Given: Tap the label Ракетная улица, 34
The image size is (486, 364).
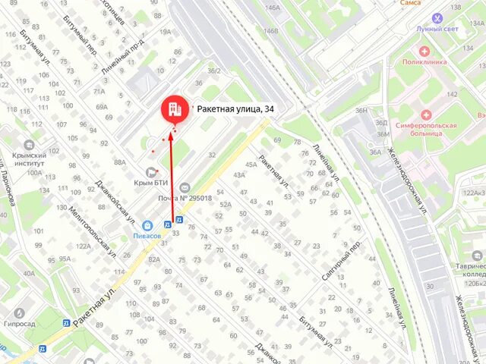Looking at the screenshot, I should coord(235,109).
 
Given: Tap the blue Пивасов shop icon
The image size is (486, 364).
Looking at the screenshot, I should coord(147,225).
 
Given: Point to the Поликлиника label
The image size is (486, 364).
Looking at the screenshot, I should coord(423,62).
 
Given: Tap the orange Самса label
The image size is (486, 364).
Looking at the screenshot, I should coord(409,3).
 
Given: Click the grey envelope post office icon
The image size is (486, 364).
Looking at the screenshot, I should coord(185,188).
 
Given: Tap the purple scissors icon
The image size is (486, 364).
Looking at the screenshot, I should coord(437,17).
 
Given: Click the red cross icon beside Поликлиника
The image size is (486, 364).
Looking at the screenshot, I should coord(424,51).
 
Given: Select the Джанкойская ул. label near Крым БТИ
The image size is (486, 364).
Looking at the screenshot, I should coord(114,202).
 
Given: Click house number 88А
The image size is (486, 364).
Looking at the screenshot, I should coord(120,162).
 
